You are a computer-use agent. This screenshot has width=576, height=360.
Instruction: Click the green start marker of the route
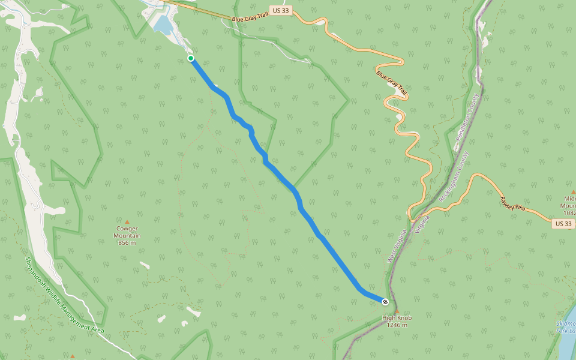pyautogui.click(x=191, y=58)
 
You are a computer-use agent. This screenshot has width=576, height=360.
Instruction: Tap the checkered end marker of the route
pyautogui.click(x=385, y=301)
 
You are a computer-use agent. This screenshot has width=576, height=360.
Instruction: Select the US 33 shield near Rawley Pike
pyautogui.click(x=564, y=223)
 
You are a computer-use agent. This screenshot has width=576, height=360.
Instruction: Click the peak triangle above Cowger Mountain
pyautogui.click(x=127, y=222)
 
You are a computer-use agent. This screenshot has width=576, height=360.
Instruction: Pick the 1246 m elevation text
pyautogui.click(x=397, y=325)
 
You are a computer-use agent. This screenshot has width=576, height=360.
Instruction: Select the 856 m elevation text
pyautogui.click(x=127, y=242)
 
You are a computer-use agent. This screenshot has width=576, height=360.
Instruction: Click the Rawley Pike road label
pyautogui.click(x=512, y=205)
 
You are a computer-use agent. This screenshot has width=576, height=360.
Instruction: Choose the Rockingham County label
pyautogui.click(x=454, y=175)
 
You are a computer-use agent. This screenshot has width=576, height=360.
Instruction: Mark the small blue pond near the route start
pyautogui.click(x=162, y=24)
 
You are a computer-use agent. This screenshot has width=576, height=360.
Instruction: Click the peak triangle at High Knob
pyautogui.click(x=395, y=311)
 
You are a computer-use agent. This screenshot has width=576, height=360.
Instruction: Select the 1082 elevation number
pyautogui.click(x=569, y=213)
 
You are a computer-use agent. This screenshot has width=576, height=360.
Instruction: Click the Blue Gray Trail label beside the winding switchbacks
pyautogui.click(x=391, y=83)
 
